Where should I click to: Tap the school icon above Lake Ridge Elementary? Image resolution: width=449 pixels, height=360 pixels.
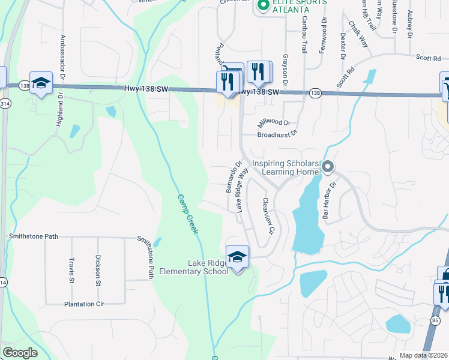point(238,257)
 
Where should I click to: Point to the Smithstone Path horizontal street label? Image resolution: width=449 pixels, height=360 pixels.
point(34,236)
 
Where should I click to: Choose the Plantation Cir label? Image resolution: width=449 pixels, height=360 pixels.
point(84,304)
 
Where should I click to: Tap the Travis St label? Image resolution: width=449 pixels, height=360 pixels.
point(71,270)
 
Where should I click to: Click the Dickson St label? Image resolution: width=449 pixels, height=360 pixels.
point(98,269)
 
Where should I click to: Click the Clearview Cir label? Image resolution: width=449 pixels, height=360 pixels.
point(268,216)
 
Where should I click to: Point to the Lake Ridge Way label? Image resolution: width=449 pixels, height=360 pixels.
point(243,190)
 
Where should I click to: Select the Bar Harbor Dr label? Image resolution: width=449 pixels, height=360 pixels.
point(327,200)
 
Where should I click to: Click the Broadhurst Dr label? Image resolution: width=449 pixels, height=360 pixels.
point(277,134)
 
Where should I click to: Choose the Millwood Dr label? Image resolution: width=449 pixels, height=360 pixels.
point(274,122)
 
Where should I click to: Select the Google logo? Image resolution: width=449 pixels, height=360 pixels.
point(20,353)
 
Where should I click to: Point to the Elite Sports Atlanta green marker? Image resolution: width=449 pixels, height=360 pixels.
point(262,5)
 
